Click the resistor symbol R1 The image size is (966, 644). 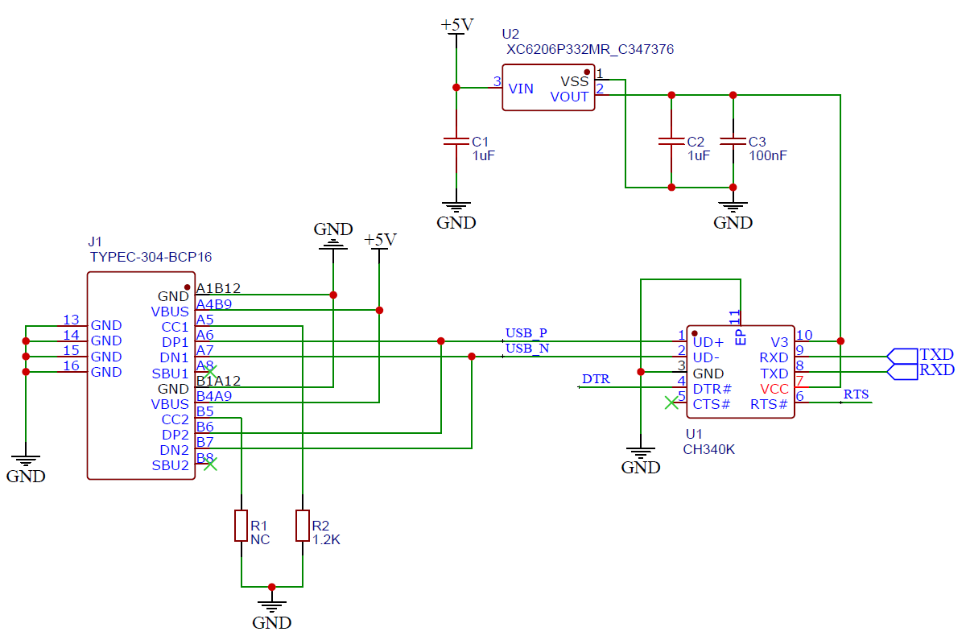[241, 526]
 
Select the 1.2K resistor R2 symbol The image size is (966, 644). [303, 526]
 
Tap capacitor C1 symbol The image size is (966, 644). [456, 141]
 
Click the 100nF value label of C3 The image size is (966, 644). [767, 155]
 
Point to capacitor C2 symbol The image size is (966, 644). [671, 141]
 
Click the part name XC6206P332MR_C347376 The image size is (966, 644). [589, 50]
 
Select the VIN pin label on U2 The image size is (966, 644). [521, 89]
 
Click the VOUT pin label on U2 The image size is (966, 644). [569, 97]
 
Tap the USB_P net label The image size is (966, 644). [526, 332]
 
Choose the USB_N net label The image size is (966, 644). [527, 348]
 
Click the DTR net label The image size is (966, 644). [596, 378]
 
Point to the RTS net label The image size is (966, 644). [856, 394]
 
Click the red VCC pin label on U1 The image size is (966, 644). [774, 389]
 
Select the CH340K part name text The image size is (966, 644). [709, 449]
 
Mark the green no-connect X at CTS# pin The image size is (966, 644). [671, 402]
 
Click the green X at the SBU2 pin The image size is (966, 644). [209, 464]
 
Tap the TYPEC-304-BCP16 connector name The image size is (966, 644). [150, 257]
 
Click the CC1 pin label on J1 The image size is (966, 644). [175, 327]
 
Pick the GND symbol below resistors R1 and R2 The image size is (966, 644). [271, 612]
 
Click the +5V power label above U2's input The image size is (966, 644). [456, 25]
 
